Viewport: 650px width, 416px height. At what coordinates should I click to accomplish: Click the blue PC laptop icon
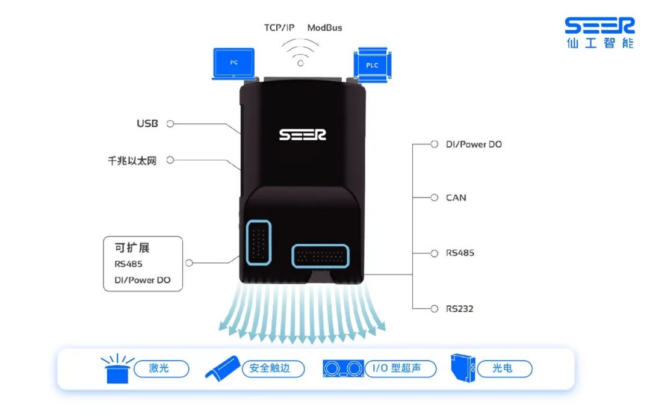click(x=234, y=64)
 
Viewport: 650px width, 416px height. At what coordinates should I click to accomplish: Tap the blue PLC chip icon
click(x=373, y=64)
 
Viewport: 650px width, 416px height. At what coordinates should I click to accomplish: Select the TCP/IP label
click(x=279, y=28)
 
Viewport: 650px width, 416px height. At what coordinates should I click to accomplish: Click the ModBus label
click(x=324, y=28)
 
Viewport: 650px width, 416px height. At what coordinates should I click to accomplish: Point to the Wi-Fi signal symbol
click(x=300, y=52)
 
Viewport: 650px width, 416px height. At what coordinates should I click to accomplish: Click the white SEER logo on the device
click(x=303, y=134)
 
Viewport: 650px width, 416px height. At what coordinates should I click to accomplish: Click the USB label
click(x=147, y=123)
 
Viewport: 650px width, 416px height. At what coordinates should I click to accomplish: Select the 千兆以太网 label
click(x=132, y=161)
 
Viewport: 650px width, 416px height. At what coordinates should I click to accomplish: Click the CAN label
click(x=456, y=198)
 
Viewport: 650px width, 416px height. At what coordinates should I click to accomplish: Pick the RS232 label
click(x=460, y=309)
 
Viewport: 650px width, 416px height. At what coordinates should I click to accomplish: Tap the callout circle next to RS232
click(x=434, y=309)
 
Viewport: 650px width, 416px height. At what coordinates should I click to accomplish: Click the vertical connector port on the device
click(x=259, y=243)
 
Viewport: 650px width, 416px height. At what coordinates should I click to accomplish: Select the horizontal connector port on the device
click(x=320, y=256)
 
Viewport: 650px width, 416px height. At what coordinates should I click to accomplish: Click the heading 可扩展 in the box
click(x=132, y=247)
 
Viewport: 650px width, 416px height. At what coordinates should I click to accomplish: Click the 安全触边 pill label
click(x=273, y=368)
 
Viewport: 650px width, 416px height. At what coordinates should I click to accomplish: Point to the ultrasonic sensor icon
click(x=343, y=368)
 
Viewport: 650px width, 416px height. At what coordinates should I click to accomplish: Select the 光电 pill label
click(x=504, y=368)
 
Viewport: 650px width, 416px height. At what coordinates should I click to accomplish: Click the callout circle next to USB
click(x=170, y=123)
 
